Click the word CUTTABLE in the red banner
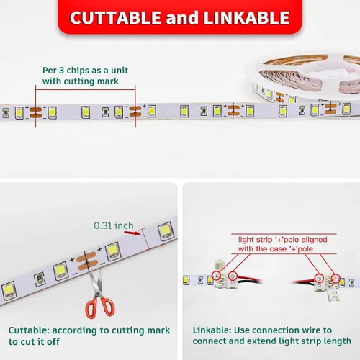click(115, 18)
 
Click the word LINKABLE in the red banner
click(247, 18)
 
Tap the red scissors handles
click(100, 307)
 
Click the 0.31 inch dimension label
click(114, 225)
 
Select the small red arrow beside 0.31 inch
click(132, 233)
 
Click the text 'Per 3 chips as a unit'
click(85, 71)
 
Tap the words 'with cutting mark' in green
click(81, 81)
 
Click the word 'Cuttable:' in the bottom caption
click(29, 330)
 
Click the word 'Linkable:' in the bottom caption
click(212, 330)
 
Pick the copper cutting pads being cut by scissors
click(87, 261)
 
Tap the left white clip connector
click(224, 275)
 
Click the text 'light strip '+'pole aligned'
click(283, 240)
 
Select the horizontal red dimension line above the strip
click(86, 90)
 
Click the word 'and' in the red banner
click(182, 18)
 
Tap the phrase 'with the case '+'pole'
click(276, 249)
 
